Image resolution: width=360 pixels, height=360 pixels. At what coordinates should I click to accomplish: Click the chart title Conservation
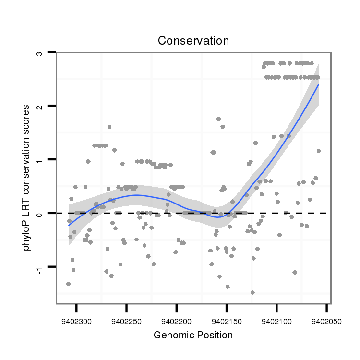click(x=193, y=41)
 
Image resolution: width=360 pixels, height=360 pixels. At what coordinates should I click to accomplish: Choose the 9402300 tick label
click(x=76, y=321)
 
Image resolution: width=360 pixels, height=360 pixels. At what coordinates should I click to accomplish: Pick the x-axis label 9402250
click(x=126, y=321)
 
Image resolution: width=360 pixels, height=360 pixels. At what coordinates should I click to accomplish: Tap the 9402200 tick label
click(x=177, y=321)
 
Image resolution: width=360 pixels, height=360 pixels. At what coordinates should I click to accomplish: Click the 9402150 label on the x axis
click(x=227, y=321)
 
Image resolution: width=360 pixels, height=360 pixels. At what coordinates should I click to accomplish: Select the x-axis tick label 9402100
click(x=276, y=321)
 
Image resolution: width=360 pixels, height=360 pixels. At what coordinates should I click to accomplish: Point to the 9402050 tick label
click(x=326, y=321)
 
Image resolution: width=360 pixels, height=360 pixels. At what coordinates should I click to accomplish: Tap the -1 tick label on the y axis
click(x=40, y=269)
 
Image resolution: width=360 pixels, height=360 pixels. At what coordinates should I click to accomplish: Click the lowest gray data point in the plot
click(x=252, y=292)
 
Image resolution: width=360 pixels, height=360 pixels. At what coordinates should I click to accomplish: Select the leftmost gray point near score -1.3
click(x=69, y=284)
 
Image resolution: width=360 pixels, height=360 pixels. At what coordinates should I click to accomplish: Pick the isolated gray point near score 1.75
click(x=218, y=119)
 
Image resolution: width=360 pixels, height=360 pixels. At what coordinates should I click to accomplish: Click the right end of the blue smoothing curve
click(x=318, y=84)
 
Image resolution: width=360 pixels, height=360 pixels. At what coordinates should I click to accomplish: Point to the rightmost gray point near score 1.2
click(x=318, y=151)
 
